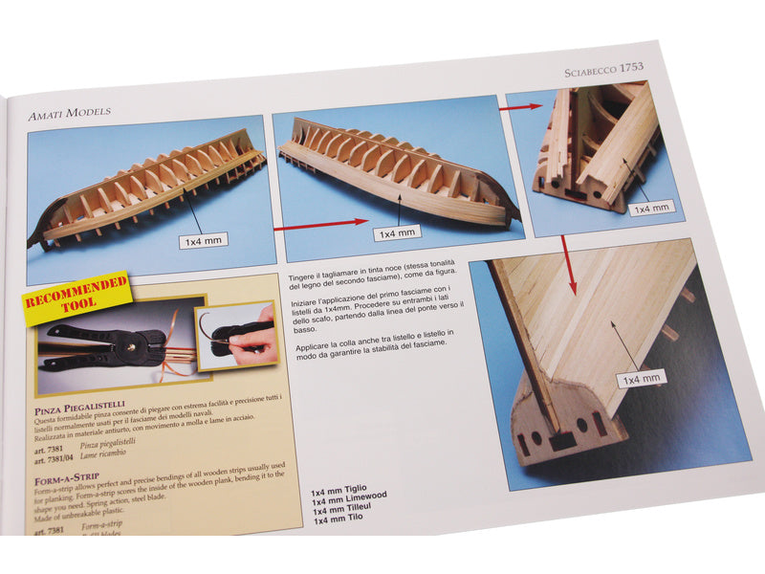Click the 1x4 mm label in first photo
tap(203, 241)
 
